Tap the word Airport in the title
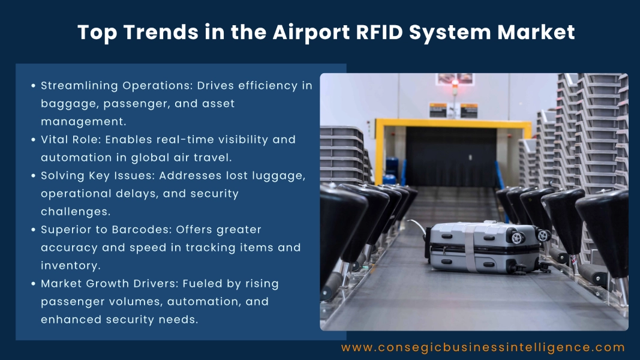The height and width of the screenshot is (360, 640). tap(301, 32)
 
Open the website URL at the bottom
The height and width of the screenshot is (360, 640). tap(483, 347)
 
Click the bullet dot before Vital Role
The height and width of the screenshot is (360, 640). tap(33, 140)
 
